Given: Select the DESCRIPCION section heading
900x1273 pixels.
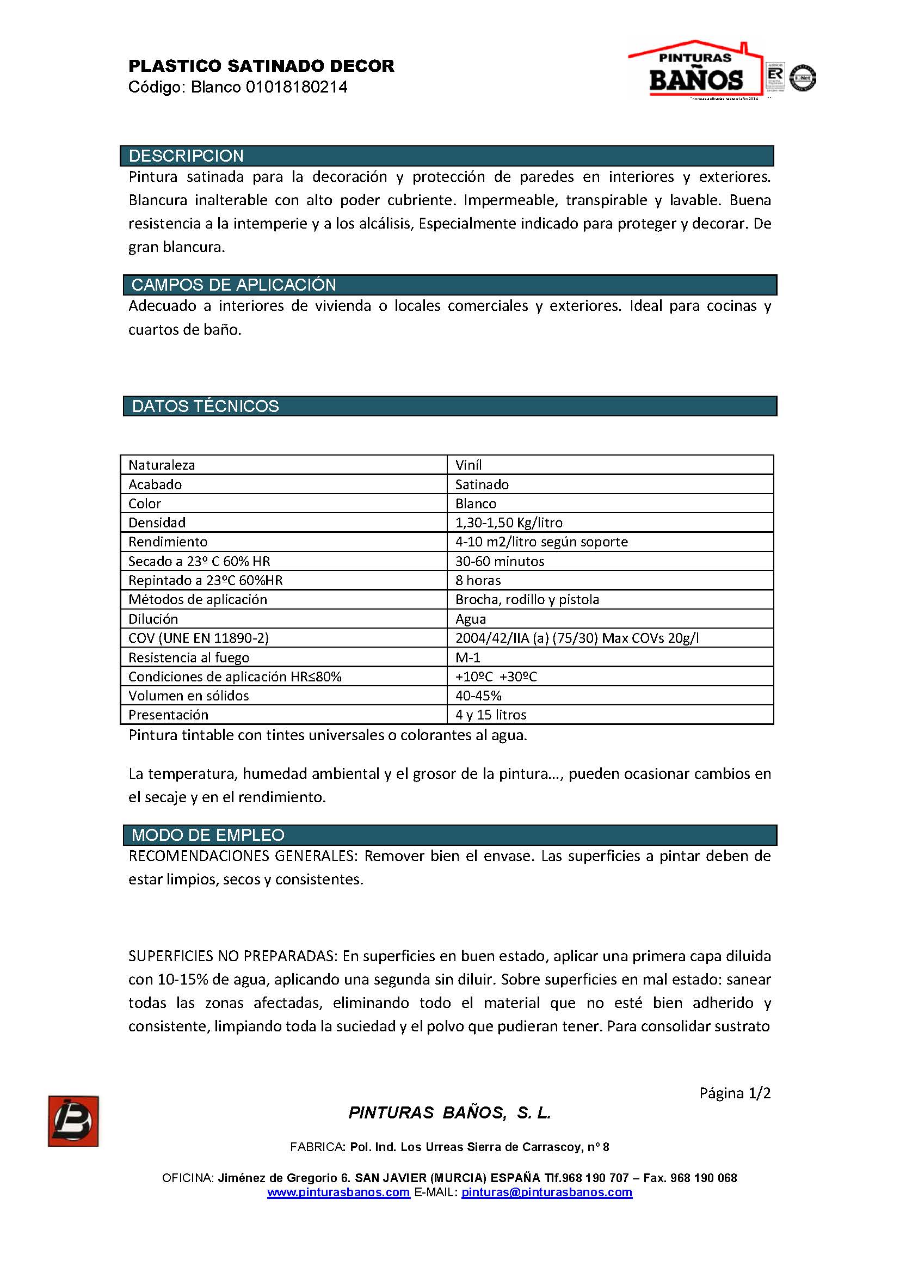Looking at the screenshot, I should coord(186,156).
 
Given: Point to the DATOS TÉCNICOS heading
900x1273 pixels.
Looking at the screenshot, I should coord(205,406).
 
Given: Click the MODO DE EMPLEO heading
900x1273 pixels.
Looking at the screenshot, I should coord(208,835).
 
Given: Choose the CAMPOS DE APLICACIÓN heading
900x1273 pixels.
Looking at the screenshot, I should coord(233,285).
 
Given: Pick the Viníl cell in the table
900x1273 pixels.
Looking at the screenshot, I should coord(469,465).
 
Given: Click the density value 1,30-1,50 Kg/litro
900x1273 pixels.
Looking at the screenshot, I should coord(509,522).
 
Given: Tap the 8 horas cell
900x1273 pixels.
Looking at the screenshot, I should coord(478,580).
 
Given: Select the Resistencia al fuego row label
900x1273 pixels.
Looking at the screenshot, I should coord(189,657).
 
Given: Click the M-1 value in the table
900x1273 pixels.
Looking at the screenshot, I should coord(468,657).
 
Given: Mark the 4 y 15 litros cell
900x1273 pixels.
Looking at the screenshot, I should coord(490,715).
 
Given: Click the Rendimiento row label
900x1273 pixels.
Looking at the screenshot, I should coord(168,542).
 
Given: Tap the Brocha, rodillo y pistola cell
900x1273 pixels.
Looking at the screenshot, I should coord(527,599).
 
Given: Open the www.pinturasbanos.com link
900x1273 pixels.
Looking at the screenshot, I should coord(338,1192).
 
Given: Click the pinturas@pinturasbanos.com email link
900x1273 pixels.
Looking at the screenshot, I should coord(546,1192).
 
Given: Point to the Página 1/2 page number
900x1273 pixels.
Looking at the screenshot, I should coord(735,1093).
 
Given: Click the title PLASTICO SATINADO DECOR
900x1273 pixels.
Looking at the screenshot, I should coord(261,66).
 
